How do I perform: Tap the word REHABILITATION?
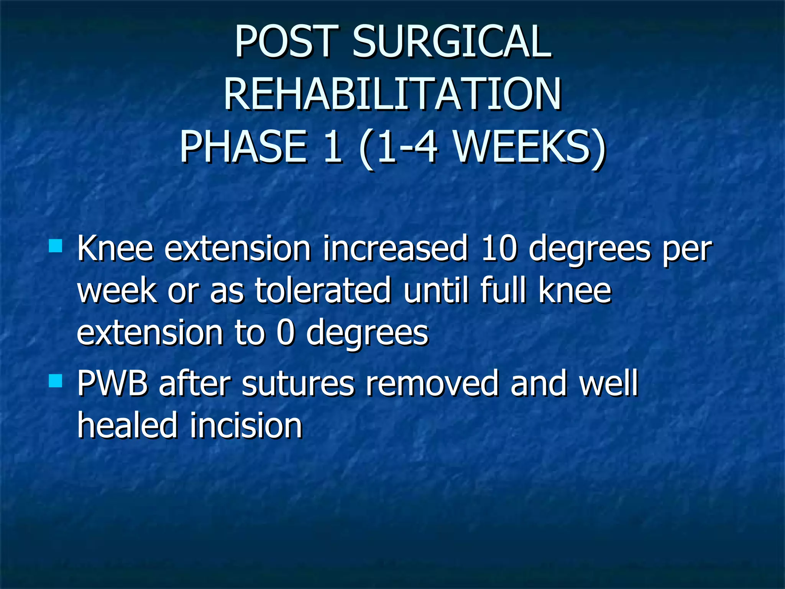(392, 94)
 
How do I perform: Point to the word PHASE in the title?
(244, 147)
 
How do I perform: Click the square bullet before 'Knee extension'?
(56, 246)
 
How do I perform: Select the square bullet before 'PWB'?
(56, 381)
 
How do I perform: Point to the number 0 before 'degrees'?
(286, 332)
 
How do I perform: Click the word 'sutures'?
(298, 383)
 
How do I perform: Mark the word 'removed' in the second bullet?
(433, 383)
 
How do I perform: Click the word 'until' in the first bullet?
(436, 290)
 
